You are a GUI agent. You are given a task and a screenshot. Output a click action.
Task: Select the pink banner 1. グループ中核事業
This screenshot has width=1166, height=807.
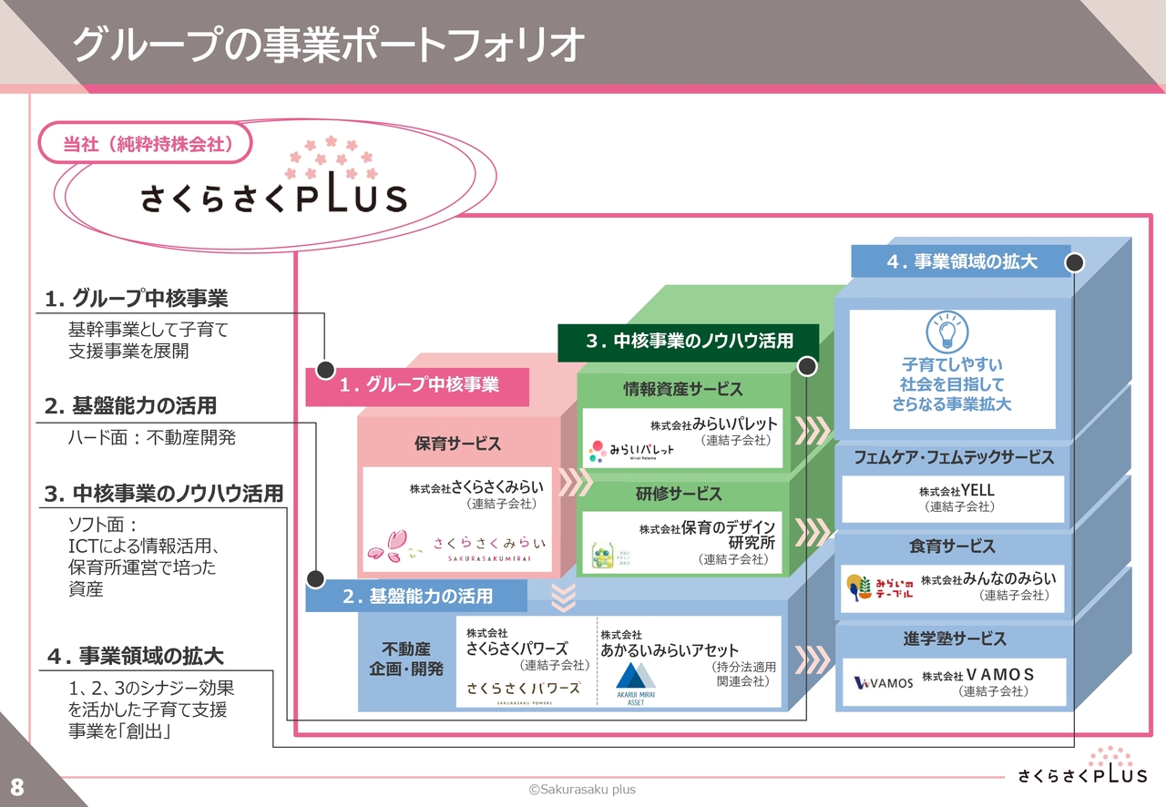click(x=418, y=386)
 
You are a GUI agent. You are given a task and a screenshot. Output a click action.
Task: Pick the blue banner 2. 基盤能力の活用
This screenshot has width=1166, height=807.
click(x=417, y=597)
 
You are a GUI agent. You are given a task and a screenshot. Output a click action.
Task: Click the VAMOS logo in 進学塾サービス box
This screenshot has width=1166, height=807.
click(x=883, y=683)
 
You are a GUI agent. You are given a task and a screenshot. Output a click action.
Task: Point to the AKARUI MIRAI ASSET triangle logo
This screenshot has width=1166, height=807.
click(x=636, y=679)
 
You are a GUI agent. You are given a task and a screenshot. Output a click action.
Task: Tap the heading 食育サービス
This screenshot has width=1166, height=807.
click(x=952, y=547)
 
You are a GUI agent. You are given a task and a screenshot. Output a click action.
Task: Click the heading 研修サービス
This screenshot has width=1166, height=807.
click(x=679, y=494)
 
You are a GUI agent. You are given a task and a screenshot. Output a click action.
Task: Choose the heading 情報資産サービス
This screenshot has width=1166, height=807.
click(x=682, y=389)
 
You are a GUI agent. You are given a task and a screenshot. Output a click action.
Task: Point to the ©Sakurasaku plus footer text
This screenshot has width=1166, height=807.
click(x=583, y=790)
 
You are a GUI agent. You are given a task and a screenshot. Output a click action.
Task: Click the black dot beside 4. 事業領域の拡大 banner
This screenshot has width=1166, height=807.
click(x=1075, y=262)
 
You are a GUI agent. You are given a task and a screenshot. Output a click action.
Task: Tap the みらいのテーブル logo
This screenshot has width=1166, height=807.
click(x=878, y=588)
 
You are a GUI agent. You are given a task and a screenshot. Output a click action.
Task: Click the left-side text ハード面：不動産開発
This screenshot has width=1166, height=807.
click(x=152, y=438)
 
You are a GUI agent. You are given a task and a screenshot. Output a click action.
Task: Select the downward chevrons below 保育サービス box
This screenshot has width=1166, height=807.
click(x=565, y=596)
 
